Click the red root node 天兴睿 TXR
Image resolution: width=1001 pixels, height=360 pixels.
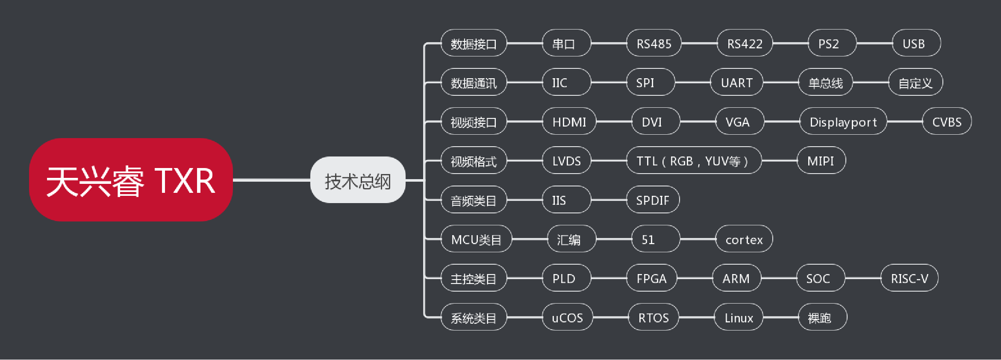point(131,180)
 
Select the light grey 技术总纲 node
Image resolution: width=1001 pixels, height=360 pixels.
point(358,180)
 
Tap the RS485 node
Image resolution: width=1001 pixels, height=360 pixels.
point(654,43)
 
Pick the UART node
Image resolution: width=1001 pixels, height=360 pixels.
point(736,82)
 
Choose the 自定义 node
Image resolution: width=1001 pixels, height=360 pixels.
point(915,82)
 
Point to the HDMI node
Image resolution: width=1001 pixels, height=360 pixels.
point(569,121)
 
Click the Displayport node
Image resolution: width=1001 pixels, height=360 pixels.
point(843,121)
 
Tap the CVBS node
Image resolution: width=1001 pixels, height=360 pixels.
point(947,121)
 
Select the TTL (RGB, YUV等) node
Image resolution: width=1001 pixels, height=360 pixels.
point(693,161)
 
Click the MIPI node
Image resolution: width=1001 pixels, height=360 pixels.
point(821,161)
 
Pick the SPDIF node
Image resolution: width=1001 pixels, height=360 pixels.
point(653,200)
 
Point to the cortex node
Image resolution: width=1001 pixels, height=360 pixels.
point(744,239)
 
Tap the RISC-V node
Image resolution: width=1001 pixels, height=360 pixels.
point(909,278)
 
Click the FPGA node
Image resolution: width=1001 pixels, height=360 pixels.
point(651,278)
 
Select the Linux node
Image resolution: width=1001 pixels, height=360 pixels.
point(739,317)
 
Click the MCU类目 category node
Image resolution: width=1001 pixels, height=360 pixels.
point(476,239)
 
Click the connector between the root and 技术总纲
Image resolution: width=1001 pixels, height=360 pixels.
point(271,180)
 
